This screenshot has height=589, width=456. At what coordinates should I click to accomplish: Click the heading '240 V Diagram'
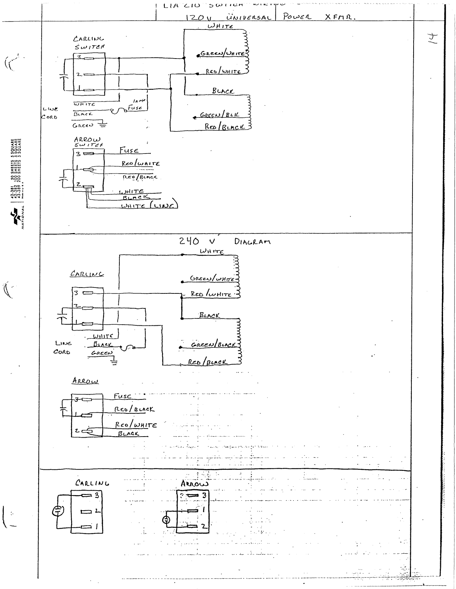(224, 241)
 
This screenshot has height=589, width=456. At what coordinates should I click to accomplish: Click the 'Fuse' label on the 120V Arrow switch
(129, 150)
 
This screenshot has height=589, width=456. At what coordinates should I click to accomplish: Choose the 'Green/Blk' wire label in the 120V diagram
(219, 115)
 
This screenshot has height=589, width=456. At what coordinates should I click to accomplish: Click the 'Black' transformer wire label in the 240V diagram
(209, 315)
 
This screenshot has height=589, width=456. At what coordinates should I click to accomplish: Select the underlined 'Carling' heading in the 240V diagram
(87, 274)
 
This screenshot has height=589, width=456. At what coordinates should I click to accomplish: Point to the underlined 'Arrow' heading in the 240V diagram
(85, 381)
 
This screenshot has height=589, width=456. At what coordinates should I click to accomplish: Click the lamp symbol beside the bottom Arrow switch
(166, 520)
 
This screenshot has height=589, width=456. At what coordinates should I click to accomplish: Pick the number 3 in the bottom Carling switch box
(97, 495)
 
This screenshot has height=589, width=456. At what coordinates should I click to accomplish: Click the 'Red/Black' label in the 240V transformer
(208, 362)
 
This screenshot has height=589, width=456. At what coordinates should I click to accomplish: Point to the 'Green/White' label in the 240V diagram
(211, 278)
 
